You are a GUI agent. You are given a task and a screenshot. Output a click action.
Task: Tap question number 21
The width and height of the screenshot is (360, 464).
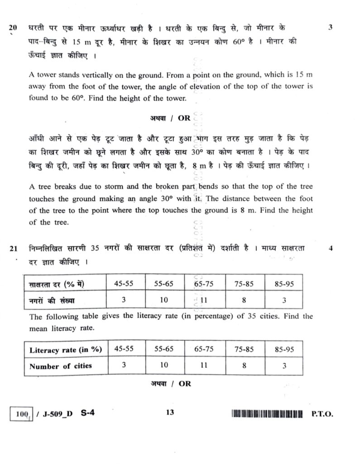13,248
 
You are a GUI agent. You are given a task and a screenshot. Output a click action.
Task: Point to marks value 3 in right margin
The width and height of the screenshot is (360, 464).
330,27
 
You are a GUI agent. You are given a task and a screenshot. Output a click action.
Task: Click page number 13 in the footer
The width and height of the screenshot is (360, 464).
170,412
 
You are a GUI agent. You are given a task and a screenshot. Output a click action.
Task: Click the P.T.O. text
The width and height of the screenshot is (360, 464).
322,414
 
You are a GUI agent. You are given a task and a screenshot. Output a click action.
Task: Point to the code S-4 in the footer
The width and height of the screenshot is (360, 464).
89,413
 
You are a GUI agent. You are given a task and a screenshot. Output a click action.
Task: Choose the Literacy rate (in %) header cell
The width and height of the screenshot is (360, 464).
65,349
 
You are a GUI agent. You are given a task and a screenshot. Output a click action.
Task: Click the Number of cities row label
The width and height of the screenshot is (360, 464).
60,366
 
